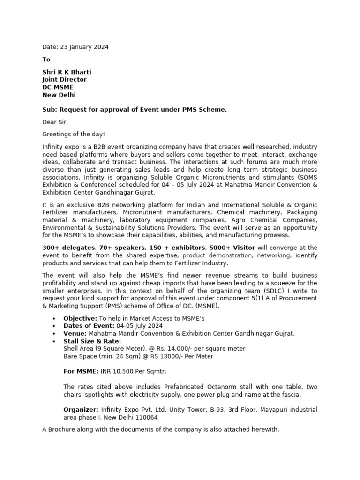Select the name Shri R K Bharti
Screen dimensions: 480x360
(x=67, y=72)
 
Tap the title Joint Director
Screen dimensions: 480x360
(x=64, y=79)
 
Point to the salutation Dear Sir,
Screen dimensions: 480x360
(x=55, y=122)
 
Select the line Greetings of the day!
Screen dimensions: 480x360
(x=74, y=134)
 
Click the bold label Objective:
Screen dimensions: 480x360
(x=81, y=318)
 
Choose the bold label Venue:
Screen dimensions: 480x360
(x=75, y=333)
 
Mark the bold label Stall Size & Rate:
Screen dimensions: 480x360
(x=92, y=341)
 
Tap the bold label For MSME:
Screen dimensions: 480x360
(x=81, y=371)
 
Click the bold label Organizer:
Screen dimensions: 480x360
(x=81, y=409)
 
